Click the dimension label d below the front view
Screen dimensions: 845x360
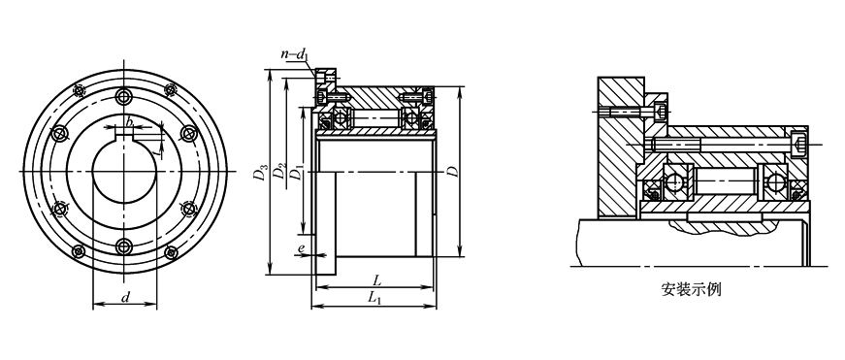click(125, 297)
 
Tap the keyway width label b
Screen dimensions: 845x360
click(129, 122)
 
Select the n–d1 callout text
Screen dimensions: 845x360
click(295, 53)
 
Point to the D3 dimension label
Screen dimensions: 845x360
click(261, 174)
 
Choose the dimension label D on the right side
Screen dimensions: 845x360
click(453, 172)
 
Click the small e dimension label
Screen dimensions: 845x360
click(302, 248)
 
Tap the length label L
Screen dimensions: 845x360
click(377, 280)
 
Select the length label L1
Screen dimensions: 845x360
click(375, 298)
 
